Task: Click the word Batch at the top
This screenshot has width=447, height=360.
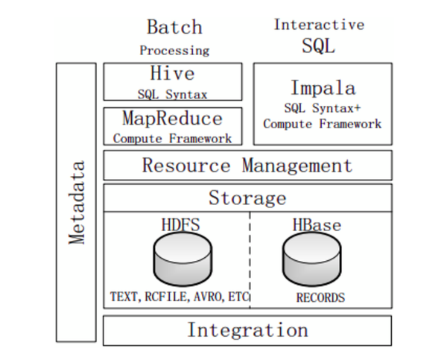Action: pos(174,28)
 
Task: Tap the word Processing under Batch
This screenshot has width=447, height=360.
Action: pos(174,51)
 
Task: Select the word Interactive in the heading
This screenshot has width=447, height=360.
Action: pos(319,25)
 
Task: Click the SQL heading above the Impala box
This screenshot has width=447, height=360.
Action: pos(319,46)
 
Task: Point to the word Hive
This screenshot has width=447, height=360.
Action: pos(172,74)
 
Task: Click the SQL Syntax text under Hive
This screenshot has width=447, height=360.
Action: pos(172,94)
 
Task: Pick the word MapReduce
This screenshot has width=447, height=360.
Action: pos(172,119)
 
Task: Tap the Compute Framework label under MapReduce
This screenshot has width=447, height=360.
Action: pos(172,138)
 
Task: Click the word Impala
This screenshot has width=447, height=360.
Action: pos(322,87)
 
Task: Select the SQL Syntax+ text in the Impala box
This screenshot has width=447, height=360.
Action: pos(322,109)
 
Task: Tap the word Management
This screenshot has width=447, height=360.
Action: pos(297,165)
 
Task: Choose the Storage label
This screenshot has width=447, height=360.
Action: pos(247,198)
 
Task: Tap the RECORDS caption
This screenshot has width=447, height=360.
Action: pos(320,297)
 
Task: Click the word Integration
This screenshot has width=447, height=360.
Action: pos(247,330)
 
